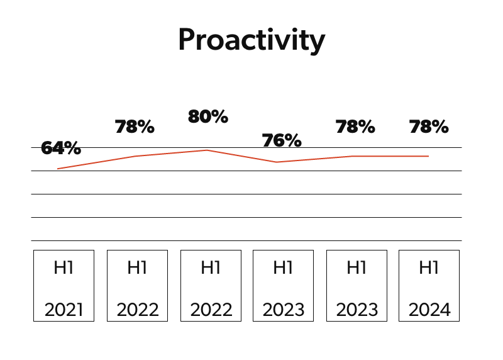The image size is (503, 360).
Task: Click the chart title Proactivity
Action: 251,40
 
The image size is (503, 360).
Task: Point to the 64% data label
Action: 61,149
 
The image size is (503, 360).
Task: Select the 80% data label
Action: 208,117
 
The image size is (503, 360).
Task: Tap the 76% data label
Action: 282,140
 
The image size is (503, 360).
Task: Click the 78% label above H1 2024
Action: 429,127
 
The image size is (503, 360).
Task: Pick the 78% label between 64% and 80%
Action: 135,127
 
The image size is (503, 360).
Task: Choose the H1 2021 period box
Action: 64,286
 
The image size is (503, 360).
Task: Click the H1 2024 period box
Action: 429,286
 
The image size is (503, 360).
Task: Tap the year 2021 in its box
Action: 64,310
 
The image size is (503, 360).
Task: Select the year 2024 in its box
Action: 429,310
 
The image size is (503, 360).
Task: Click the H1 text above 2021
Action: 64,267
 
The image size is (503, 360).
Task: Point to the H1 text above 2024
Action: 429,267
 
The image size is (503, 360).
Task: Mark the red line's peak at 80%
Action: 207,150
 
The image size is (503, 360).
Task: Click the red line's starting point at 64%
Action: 57,169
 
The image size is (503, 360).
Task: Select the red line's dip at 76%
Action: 277,162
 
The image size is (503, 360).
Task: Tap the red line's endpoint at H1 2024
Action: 429,156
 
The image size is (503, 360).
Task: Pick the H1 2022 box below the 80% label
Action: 211,286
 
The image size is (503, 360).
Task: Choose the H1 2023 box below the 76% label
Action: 283,286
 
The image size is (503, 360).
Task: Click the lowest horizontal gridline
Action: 246,240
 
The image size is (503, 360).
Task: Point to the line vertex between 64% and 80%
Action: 135,156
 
